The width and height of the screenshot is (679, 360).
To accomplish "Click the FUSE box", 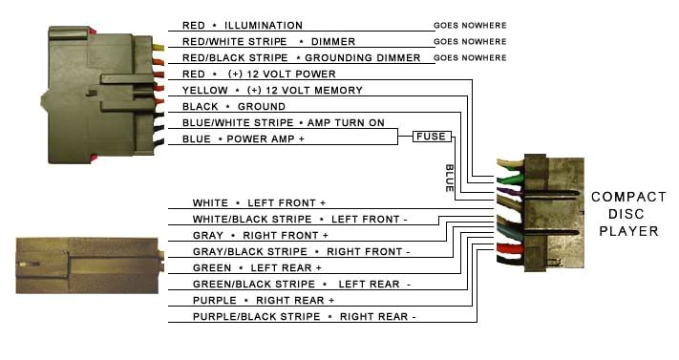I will coord(430,138).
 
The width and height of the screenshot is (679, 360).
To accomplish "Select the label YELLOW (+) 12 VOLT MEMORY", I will coord(272,90).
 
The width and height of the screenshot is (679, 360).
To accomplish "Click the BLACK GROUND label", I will coord(233,106).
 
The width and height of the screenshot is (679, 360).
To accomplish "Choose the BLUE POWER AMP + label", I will coord(243,139).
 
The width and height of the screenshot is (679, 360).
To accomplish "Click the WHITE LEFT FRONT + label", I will coord(259,203).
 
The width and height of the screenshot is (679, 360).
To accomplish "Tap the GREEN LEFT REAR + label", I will coord(256,268).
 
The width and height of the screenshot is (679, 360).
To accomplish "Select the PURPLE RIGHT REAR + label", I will coord(264,300).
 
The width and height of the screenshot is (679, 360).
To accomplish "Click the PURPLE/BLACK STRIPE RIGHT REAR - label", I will coord(304,316).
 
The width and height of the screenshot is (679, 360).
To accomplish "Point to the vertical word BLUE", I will coord(449,179).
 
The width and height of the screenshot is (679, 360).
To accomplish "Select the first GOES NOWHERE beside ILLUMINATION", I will coord(470,25).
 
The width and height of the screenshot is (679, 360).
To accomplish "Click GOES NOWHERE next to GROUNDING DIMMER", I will coord(470,57).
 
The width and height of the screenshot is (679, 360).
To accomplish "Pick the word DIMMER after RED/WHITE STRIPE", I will coord(333,41).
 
